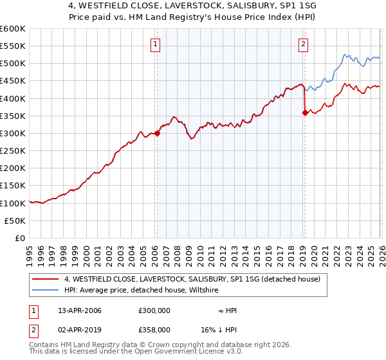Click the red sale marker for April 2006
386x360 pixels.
tap(157, 134)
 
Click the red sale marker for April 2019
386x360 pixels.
tap(304, 113)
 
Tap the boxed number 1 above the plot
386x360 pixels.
tap(156, 44)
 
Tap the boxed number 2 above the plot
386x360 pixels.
tap(302, 44)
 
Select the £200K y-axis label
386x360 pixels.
tap(13, 168)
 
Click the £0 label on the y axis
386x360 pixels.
tap(21, 238)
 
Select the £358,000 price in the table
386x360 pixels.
tap(154, 329)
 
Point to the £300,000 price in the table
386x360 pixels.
tap(154, 310)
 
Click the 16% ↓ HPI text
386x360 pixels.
tap(219, 329)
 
